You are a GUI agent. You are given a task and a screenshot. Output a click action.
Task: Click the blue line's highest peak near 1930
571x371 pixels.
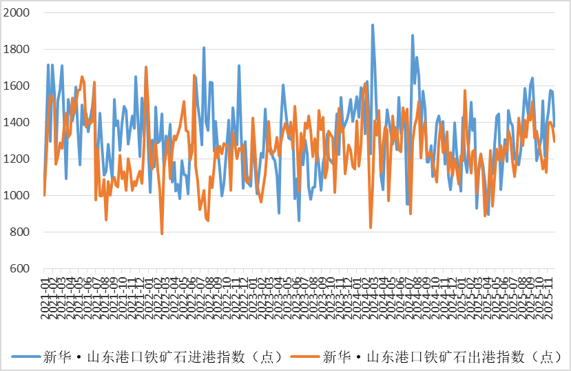pos(373,25)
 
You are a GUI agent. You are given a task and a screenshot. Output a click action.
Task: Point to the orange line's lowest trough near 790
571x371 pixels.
pos(162,234)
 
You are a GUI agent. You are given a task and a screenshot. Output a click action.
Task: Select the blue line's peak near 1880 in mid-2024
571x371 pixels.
pos(413,34)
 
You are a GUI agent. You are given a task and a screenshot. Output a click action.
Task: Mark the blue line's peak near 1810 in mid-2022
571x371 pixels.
pos(204,48)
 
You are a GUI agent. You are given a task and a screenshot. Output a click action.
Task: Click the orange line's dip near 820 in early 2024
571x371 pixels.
pos(371,228)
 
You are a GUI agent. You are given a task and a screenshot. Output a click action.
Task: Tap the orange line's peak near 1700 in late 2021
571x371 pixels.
pos(146,67)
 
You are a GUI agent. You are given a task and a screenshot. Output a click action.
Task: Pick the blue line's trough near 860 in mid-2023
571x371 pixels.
pos(299,221)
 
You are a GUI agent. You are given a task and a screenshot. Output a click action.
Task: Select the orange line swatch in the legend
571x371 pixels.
pos(304,357)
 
